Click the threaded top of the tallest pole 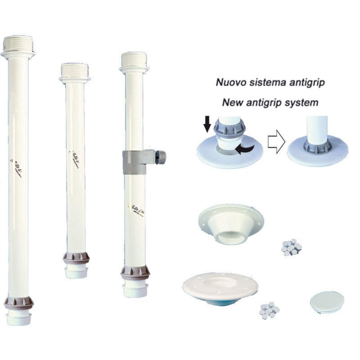click(18, 44)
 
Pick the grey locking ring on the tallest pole click(19, 303)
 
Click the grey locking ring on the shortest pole click(76, 258)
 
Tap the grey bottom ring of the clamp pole click(135, 273)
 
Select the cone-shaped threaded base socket click(231, 223)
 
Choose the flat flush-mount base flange click(220, 287)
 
